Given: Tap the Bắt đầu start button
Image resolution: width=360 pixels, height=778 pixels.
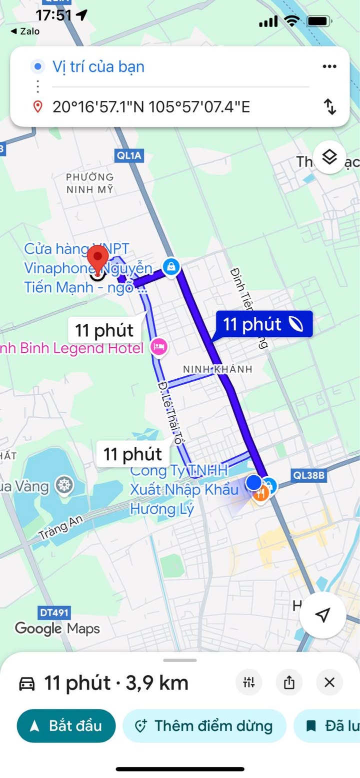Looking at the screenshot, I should click(66, 726).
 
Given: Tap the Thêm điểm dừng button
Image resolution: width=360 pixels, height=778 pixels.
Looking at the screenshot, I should click(204, 726).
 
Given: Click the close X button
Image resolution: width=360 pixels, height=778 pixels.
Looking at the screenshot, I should click(329, 683).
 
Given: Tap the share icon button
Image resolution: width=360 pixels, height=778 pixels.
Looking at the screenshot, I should click(289, 683).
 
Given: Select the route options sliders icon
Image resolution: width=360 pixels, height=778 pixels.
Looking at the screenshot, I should click(249, 683).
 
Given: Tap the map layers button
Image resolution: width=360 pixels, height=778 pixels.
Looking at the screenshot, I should click(329, 157).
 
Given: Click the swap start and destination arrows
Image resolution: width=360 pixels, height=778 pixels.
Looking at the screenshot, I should click(330, 106).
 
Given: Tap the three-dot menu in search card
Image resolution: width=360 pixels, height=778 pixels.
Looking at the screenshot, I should click(329, 66).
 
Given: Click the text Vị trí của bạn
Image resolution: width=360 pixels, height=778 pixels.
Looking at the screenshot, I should click(98, 66).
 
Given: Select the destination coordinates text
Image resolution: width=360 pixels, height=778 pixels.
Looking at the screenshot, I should click(151, 107).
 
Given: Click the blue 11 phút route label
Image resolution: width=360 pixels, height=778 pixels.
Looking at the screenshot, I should click(264, 324).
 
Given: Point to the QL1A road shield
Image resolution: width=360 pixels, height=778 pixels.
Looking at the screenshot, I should click(129, 155).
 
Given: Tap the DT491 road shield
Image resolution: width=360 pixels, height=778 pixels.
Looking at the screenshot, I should click(54, 612).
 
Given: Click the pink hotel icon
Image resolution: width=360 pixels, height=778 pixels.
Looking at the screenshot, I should click(159, 346).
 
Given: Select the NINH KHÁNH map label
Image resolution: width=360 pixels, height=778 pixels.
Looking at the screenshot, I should click(217, 369).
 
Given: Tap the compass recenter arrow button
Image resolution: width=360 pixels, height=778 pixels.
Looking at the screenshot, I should click(323, 615).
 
